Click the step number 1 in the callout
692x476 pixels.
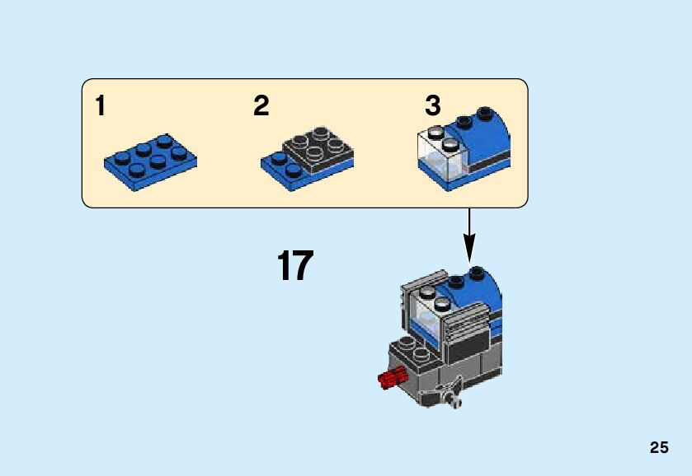[100, 106]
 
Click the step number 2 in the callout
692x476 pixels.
[261, 106]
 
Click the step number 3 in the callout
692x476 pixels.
[433, 106]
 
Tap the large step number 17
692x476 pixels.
[294, 266]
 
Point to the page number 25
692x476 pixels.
[658, 448]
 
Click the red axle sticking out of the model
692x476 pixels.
[389, 378]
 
